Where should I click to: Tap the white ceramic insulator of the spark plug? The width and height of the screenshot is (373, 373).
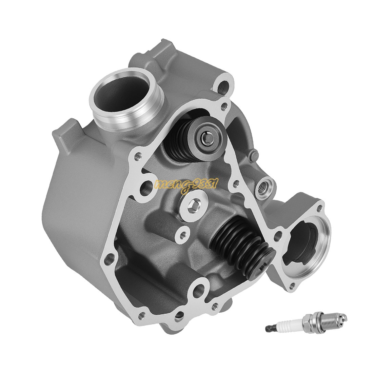pyautogui.click(x=286, y=327)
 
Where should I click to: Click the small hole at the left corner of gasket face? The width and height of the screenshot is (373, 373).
pyautogui.click(x=137, y=157)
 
